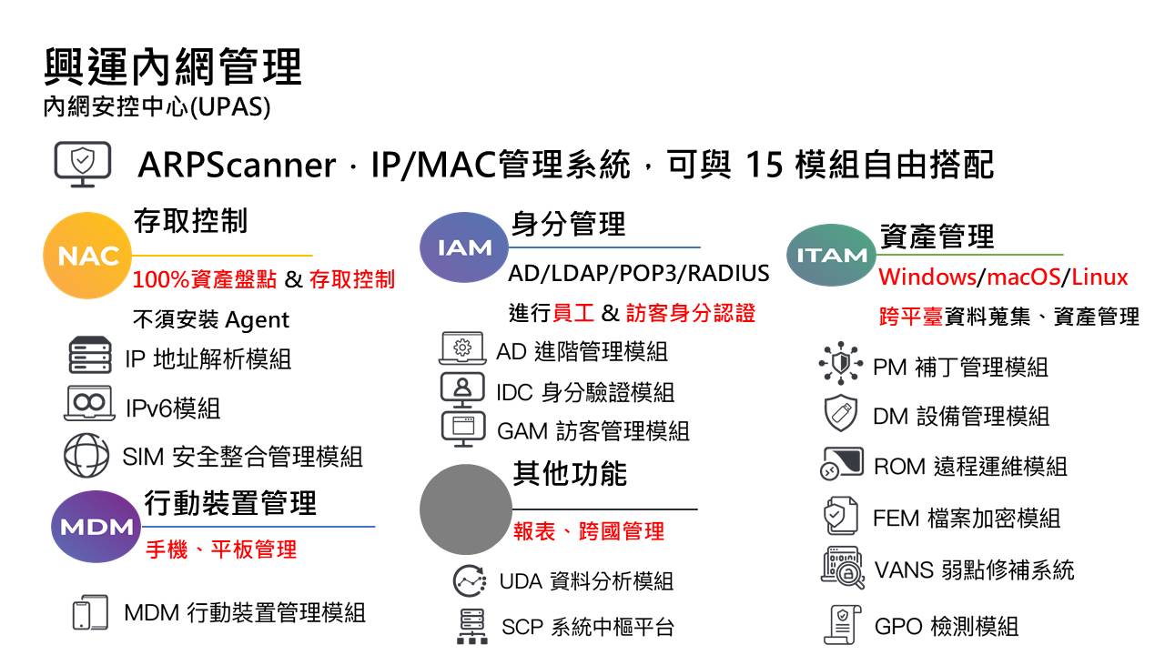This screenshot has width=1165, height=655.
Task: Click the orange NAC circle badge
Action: [87, 256]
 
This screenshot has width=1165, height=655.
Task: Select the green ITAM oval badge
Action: [831, 255]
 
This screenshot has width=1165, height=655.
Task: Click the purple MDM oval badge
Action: [96, 527]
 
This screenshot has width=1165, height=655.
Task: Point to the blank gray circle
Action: [465, 509]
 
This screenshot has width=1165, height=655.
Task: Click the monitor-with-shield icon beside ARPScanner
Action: [83, 164]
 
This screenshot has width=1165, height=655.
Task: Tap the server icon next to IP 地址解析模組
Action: [90, 355]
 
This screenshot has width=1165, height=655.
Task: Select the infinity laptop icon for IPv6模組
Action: [89, 403]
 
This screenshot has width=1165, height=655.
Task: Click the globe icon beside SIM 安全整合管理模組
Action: [86, 456]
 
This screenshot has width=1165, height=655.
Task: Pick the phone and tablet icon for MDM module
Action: [90, 612]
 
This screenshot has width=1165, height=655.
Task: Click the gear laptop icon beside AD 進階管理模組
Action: [462, 348]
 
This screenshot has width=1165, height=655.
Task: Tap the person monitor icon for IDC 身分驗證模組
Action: [462, 390]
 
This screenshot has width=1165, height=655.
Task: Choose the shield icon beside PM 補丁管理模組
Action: [840, 363]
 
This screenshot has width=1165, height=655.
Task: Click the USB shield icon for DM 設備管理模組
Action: [841, 413]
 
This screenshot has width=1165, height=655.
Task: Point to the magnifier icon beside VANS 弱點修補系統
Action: [843, 567]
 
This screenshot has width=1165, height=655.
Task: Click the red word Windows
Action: [927, 277]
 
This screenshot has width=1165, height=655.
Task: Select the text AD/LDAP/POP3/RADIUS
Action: [639, 273]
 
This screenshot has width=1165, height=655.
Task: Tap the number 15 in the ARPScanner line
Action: [764, 165]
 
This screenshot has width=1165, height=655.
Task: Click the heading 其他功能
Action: [570, 474]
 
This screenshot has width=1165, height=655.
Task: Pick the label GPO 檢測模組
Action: [946, 627]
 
